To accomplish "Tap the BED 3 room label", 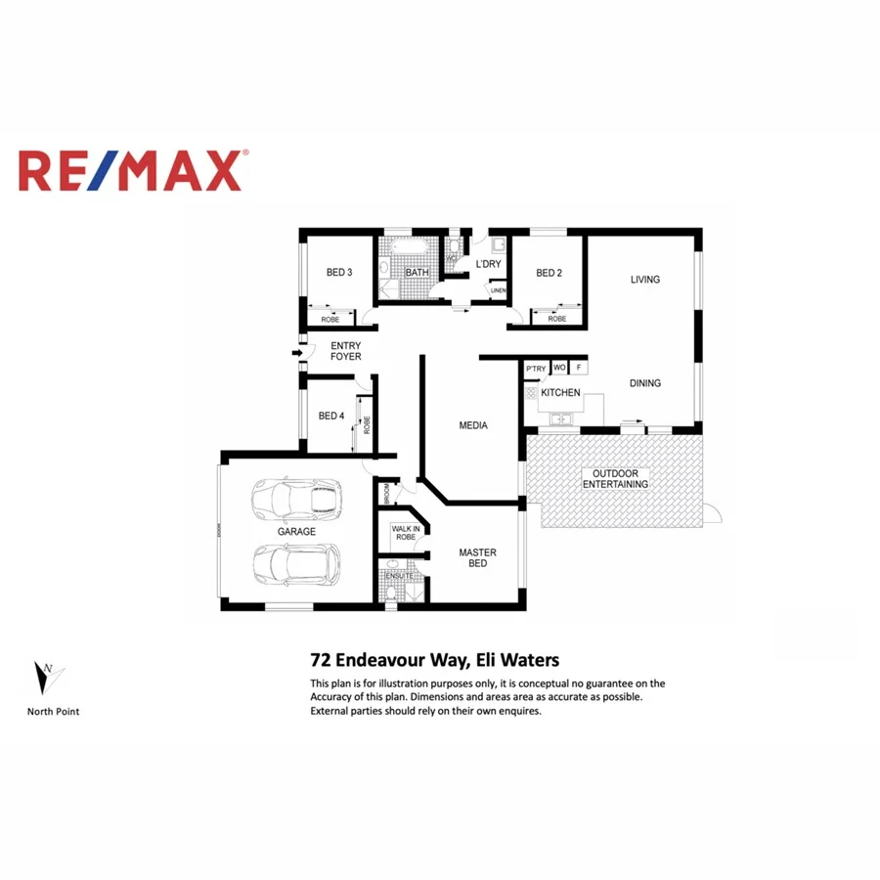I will [339, 272].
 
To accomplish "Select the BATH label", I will [418, 273].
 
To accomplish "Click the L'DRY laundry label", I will [488, 265].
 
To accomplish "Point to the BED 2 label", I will [549, 273].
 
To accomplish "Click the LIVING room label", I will [644, 280].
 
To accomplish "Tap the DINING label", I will [644, 383].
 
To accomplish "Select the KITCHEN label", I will [560, 393].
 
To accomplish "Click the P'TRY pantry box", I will [535, 368].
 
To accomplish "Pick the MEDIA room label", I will [473, 425].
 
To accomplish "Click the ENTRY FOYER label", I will [345, 351].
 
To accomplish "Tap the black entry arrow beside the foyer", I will [294, 353].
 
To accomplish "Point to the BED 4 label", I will [331, 416].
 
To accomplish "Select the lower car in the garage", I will [296, 564].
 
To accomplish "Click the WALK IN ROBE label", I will [405, 533].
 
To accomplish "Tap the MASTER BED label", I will [477, 558].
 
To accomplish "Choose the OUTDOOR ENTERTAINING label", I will [615, 479].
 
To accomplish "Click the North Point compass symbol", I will [48, 676].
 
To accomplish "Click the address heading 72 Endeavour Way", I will [434, 660].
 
